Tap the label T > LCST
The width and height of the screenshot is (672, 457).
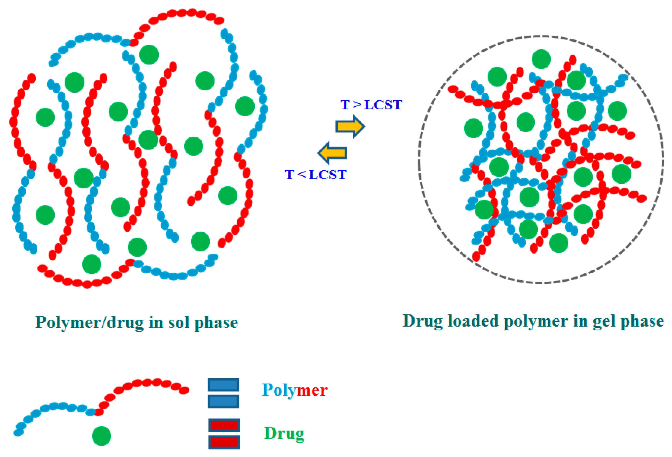click(x=371, y=105)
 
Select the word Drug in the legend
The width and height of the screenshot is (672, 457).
click(x=284, y=433)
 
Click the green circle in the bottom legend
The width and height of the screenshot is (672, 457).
click(x=101, y=436)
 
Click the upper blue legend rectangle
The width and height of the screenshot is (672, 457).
click(x=223, y=385)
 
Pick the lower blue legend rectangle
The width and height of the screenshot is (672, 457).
click(x=223, y=401)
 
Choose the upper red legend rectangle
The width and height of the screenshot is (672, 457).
click(x=224, y=425)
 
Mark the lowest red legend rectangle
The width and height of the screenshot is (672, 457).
click(x=224, y=442)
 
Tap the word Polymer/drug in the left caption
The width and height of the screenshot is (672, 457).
click(x=89, y=322)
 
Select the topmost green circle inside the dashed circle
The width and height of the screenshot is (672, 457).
click(x=541, y=59)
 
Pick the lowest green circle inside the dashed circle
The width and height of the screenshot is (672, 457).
click(x=558, y=243)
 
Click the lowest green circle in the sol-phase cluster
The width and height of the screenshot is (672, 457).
click(x=92, y=264)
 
